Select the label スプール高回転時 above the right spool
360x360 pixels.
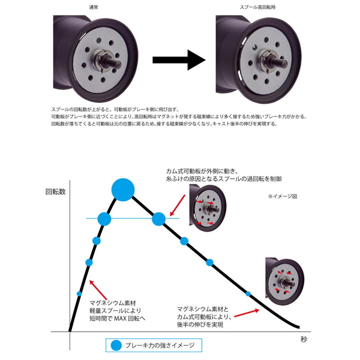click(x=258, y=7)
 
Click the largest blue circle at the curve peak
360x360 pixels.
click(x=123, y=190)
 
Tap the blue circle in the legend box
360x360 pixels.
click(x=116, y=345)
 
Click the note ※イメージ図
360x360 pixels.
click(x=282, y=196)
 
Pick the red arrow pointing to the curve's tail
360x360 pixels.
click(x=246, y=313)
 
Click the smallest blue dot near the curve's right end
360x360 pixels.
click(x=248, y=293)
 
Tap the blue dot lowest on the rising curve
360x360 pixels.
click(x=79, y=293)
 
